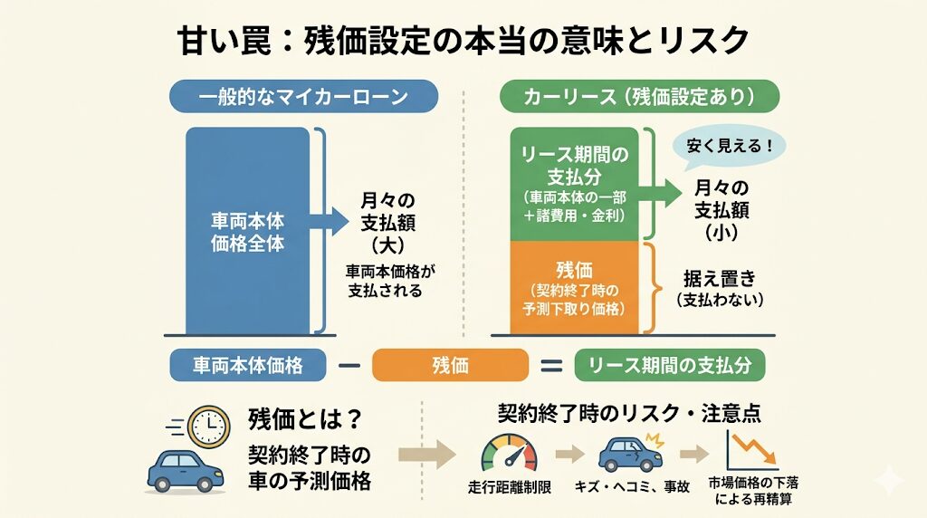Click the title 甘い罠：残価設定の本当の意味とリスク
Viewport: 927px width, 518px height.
point(463,40)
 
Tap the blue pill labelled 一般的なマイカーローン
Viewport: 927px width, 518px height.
point(304,96)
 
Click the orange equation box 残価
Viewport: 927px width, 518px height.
point(450,365)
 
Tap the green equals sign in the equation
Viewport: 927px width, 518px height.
point(551,366)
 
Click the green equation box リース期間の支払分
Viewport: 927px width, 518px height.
point(670,365)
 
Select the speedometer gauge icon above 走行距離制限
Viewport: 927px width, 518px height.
point(507,451)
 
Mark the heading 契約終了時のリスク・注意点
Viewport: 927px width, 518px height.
point(628,413)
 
